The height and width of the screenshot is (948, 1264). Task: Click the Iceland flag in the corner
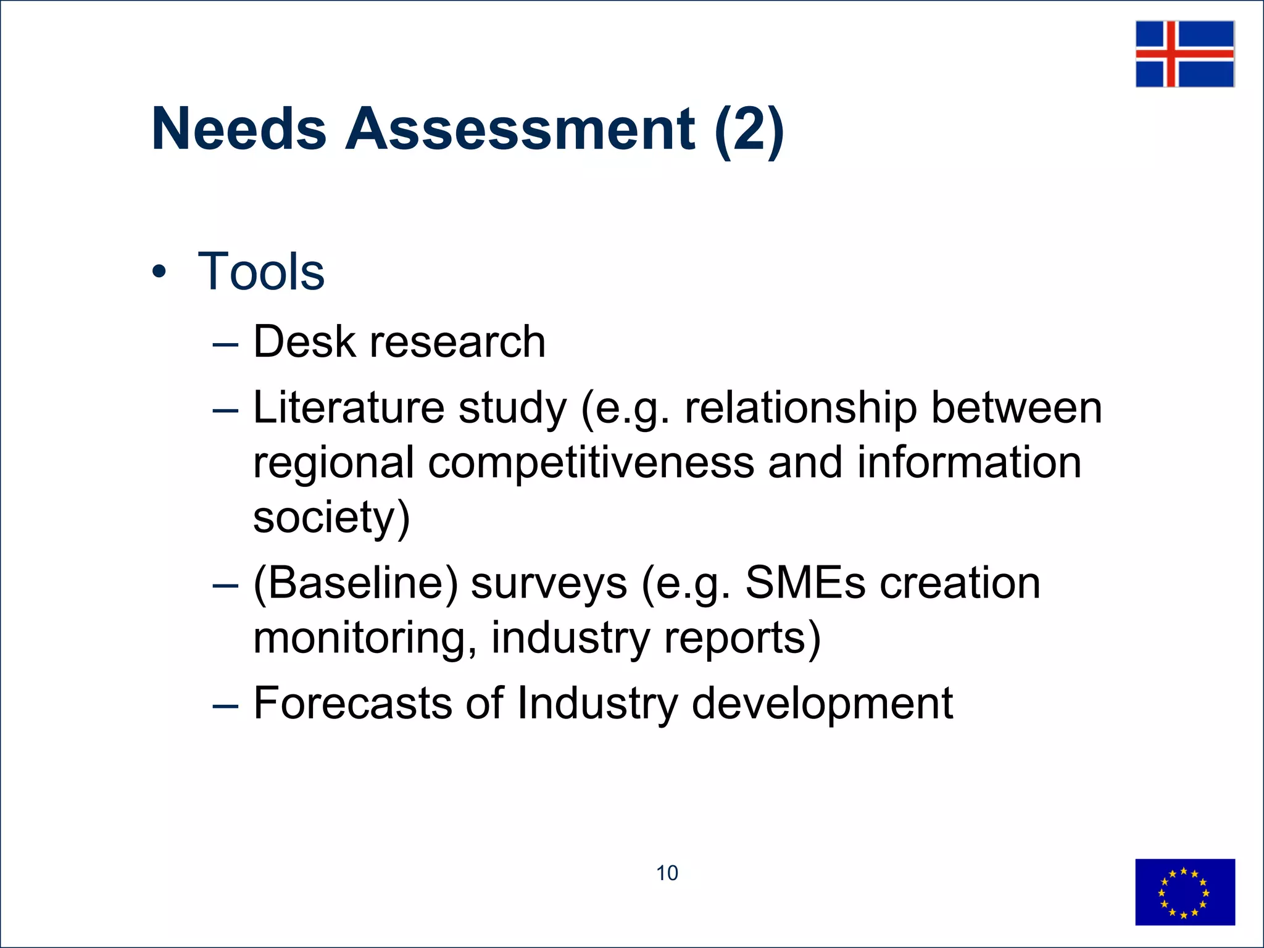pos(1184,54)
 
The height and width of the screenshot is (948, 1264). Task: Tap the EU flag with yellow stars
pos(1184,892)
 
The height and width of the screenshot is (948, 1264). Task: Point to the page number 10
pos(667,873)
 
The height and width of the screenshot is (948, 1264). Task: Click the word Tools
pos(260,272)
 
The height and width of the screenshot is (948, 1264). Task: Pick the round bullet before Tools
pos(159,272)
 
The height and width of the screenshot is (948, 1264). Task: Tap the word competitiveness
pos(591,463)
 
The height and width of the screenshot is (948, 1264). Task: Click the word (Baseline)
pos(356,583)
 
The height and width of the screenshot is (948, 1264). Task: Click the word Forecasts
pos(352,703)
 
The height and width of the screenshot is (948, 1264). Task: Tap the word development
pos(822,704)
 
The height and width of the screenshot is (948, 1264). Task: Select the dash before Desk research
pos(225,343)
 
